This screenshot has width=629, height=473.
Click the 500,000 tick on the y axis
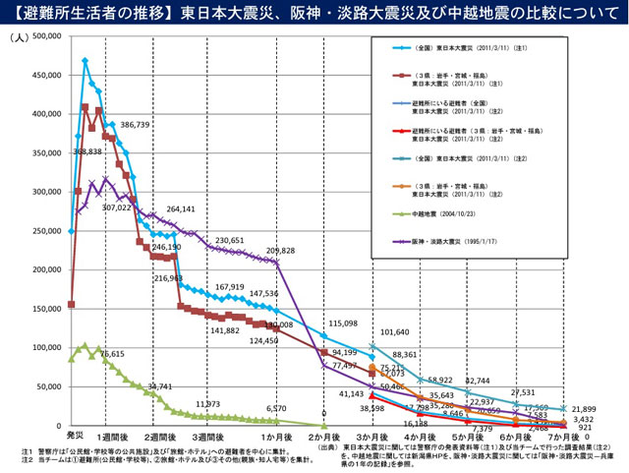pos(45,35)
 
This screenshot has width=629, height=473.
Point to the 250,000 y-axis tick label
pos(45,231)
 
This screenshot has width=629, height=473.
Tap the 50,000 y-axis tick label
pos(47,386)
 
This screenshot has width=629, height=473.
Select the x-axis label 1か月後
pos(275,435)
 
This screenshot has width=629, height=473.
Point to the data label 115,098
pos(342,324)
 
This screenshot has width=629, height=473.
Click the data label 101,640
pos(395,332)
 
